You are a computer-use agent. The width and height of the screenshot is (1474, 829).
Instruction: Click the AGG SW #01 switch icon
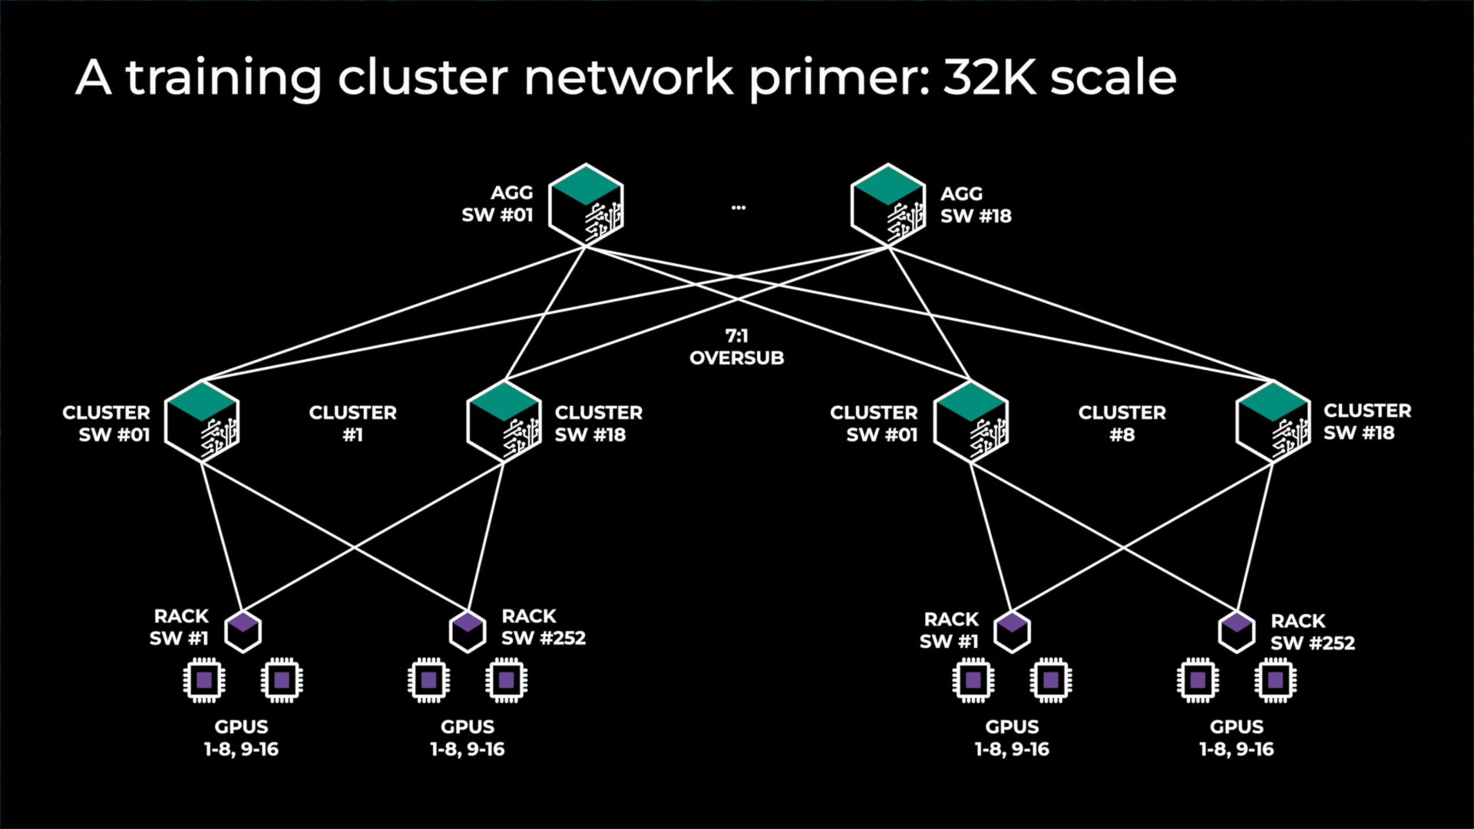point(586,205)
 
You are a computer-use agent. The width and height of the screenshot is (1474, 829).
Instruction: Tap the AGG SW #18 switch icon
point(888,205)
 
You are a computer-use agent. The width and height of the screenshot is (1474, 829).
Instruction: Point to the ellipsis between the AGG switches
point(739,207)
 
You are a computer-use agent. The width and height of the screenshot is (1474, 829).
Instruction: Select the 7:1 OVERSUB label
point(736,347)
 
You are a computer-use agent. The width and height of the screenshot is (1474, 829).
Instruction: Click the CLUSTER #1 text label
point(352,424)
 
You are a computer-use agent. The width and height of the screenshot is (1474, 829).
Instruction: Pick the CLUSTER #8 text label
point(1122,424)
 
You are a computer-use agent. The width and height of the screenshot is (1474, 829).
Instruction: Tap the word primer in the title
point(838,78)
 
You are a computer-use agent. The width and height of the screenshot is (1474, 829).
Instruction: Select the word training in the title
point(223,78)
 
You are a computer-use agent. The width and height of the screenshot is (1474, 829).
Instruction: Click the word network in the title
point(629,77)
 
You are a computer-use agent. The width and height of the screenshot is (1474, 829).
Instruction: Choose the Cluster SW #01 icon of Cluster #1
point(202,421)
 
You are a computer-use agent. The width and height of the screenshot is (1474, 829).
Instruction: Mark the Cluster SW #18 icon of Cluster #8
point(1273,421)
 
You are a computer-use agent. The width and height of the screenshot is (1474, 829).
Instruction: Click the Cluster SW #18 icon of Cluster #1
point(504,421)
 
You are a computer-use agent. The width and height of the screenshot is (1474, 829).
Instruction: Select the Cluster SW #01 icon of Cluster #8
point(971,421)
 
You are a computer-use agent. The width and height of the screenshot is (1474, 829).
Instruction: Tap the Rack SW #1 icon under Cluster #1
point(243,631)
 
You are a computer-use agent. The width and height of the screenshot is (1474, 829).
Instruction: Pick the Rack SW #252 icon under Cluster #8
point(1237,631)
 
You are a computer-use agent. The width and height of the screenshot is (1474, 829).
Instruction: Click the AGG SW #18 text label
point(976,205)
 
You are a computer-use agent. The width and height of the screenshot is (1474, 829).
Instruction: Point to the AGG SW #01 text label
point(497,204)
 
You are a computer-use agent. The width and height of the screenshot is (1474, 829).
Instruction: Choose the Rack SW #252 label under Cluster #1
point(543,627)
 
